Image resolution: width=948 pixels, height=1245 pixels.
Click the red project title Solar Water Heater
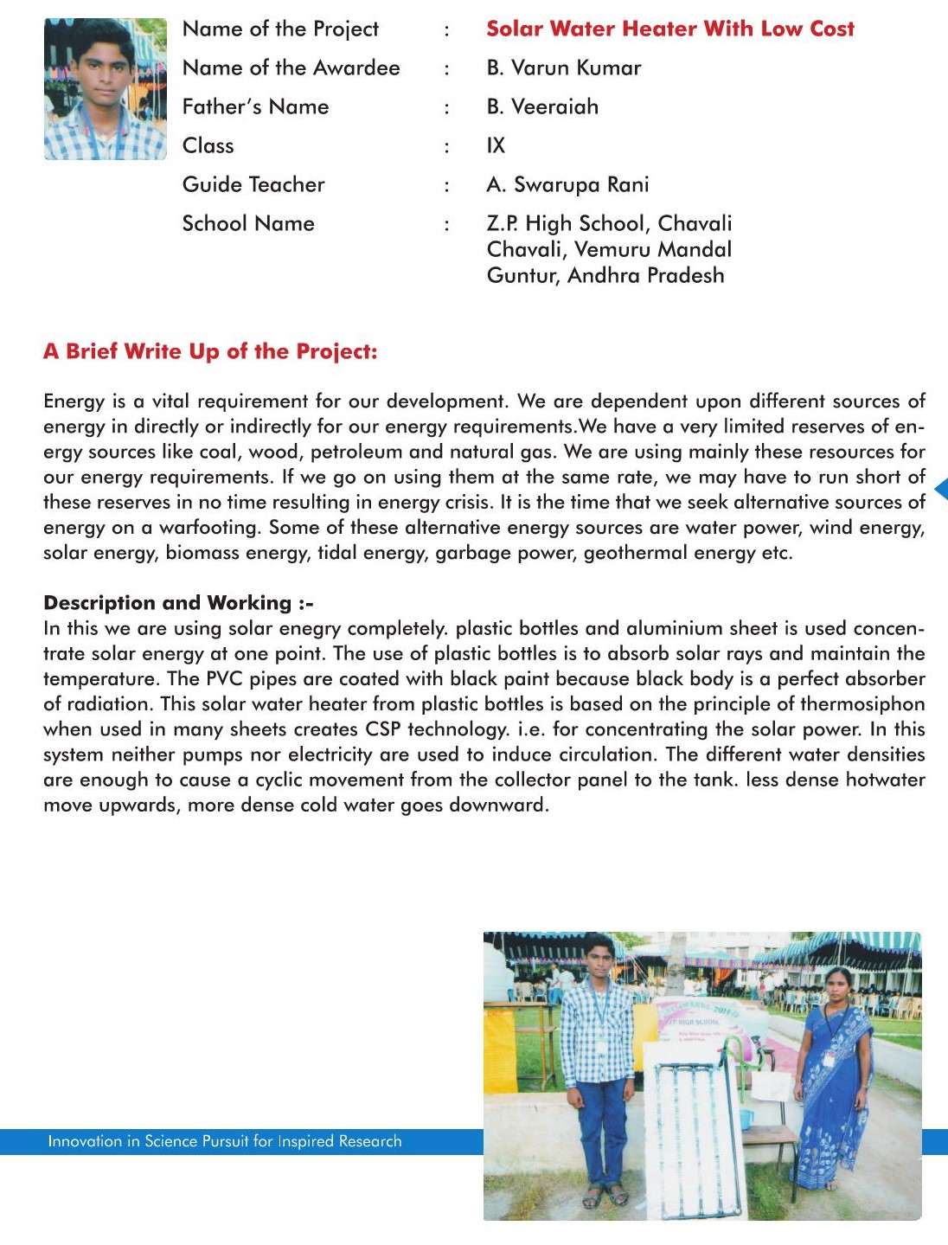pos(669,29)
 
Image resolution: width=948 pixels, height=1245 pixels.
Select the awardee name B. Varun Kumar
pos(564,67)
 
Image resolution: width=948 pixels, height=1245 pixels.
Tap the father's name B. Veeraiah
pos(542,106)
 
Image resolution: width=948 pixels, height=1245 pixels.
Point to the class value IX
pos(496,145)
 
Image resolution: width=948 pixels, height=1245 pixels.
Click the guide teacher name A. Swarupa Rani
pos(567,184)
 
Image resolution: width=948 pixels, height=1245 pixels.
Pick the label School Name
pos(248,223)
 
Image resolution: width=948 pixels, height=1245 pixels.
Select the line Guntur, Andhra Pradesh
pos(605,275)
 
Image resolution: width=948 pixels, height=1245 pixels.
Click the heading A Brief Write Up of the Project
pos(210,351)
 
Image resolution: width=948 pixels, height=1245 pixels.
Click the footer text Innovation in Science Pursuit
pos(225,1141)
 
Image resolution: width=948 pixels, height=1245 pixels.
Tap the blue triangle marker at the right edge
pos(941,489)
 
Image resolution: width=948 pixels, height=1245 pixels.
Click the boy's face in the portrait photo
pos(104,74)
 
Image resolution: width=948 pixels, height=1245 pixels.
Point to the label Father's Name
pos(255,106)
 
